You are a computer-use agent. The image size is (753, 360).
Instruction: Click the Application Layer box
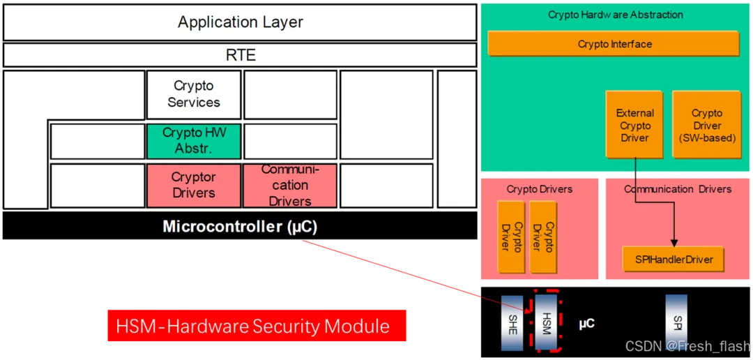pos(240,22)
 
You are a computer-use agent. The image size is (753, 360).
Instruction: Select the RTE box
pos(240,55)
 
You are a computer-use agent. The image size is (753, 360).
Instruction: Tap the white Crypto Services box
pos(193,94)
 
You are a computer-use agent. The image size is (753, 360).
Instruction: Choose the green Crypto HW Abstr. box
pos(193,140)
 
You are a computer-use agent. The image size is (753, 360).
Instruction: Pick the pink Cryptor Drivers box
pos(193,186)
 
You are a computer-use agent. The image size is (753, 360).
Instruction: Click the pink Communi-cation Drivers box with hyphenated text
pos(289,186)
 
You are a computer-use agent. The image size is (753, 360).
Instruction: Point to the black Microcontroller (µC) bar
pos(240,227)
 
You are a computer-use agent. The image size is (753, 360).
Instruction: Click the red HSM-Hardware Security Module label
pos(256,326)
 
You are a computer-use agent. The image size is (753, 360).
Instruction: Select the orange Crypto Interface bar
pos(614,44)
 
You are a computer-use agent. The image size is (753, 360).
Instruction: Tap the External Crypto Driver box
pos(634,126)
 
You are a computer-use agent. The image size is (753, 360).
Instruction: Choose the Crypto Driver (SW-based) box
pos(706,126)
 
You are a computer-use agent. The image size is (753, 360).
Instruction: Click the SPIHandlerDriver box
pos(673,260)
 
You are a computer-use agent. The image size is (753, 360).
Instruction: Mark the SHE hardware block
pos(512,322)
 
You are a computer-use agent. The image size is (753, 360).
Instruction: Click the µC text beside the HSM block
pos(586,324)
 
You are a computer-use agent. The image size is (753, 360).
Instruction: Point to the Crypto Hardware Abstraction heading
pos(615,15)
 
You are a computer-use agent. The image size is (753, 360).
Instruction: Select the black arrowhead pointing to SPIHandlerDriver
pos(674,240)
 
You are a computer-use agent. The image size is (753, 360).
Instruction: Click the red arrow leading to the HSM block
pos(390,269)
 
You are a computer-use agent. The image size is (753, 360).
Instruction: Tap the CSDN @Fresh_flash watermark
pos(687,346)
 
